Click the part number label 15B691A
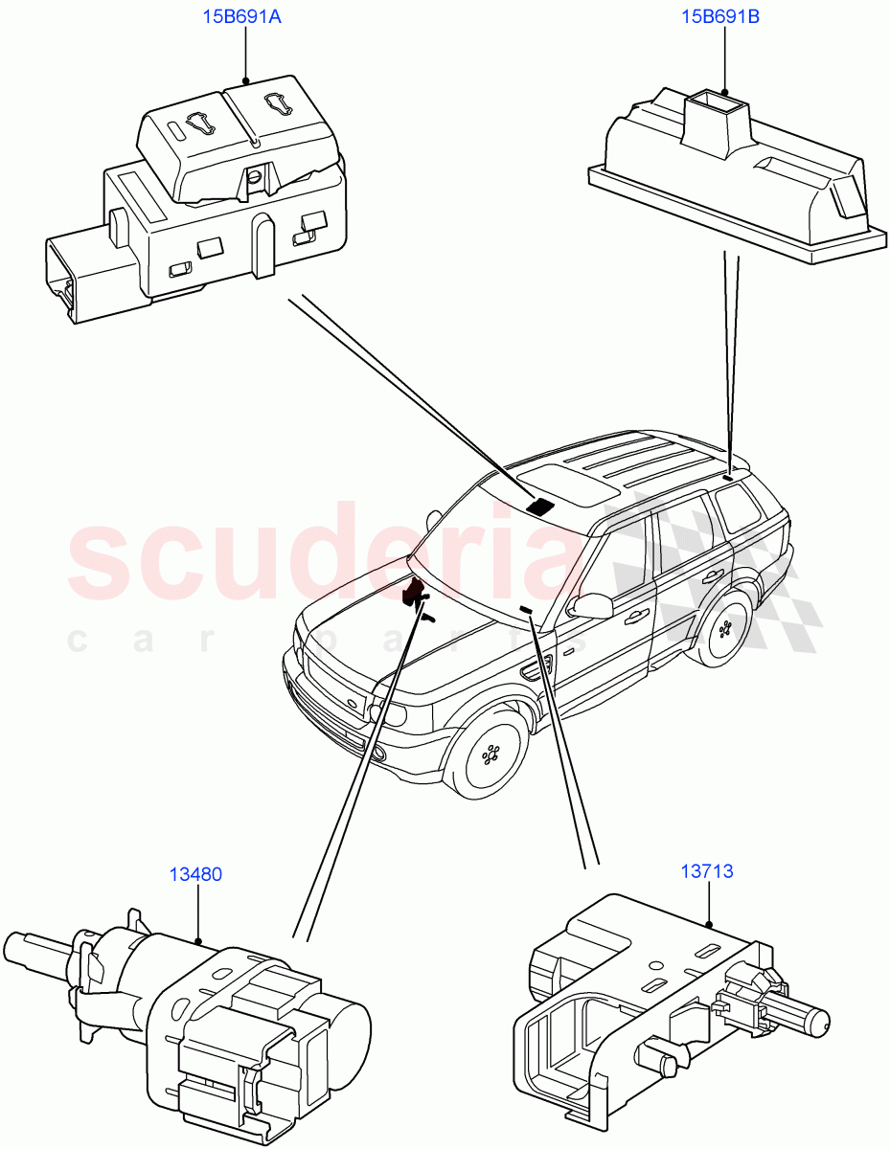coord(240,17)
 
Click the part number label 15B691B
coord(719,17)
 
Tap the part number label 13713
coord(707,871)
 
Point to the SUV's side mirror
coord(591,605)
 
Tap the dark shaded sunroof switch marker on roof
coord(543,507)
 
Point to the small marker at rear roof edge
coord(729,476)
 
